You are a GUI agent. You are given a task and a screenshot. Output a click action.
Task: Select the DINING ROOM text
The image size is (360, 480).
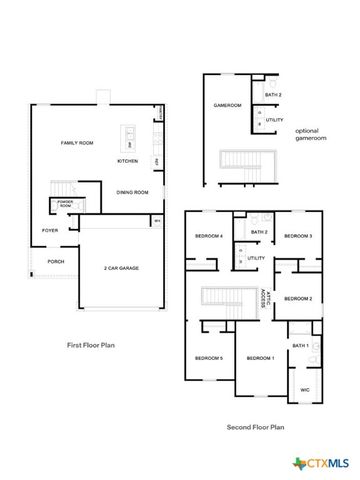tap(132, 191)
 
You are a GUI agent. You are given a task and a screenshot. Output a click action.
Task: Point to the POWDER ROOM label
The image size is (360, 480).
tap(65, 204)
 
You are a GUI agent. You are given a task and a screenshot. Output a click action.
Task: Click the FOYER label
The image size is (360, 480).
tap(50, 230)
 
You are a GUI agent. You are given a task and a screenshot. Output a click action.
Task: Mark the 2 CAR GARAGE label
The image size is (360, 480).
tap(122, 268)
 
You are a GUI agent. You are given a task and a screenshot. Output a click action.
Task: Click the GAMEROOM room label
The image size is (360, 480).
tap(225, 105)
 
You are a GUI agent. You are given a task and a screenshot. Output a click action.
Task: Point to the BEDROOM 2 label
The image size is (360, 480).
tap(298, 298)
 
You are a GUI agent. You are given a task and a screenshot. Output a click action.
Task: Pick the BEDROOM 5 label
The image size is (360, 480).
tap(208, 358)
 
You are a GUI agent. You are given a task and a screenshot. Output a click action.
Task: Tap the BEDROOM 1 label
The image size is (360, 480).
tap(260, 358)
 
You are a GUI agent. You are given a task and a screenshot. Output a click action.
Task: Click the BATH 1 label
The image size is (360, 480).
tap(301, 345)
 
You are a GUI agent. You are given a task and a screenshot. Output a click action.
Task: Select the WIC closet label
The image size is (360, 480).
tap(304, 390)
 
